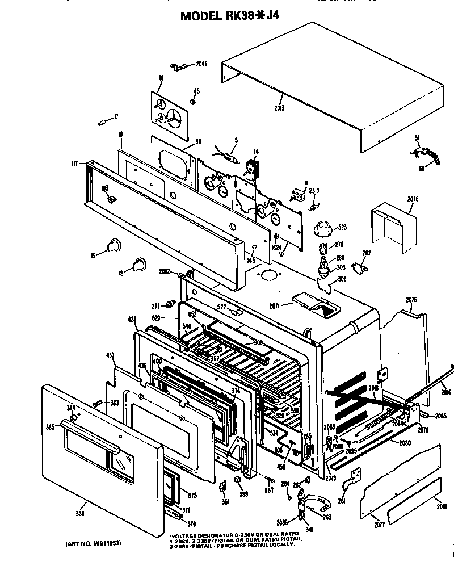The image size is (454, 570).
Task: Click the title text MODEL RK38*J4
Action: pyautogui.click(x=229, y=15)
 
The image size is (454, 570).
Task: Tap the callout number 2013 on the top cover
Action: pyautogui.click(x=279, y=108)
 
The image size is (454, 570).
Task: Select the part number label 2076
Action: pyautogui.click(x=413, y=199)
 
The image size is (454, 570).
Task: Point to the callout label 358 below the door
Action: pyautogui.click(x=80, y=514)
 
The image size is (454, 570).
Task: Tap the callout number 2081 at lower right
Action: pyautogui.click(x=442, y=506)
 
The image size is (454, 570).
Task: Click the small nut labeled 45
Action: pyautogui.click(x=194, y=102)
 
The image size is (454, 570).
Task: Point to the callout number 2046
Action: pyautogui.click(x=201, y=64)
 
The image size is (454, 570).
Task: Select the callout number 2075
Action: pyautogui.click(x=411, y=300)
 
